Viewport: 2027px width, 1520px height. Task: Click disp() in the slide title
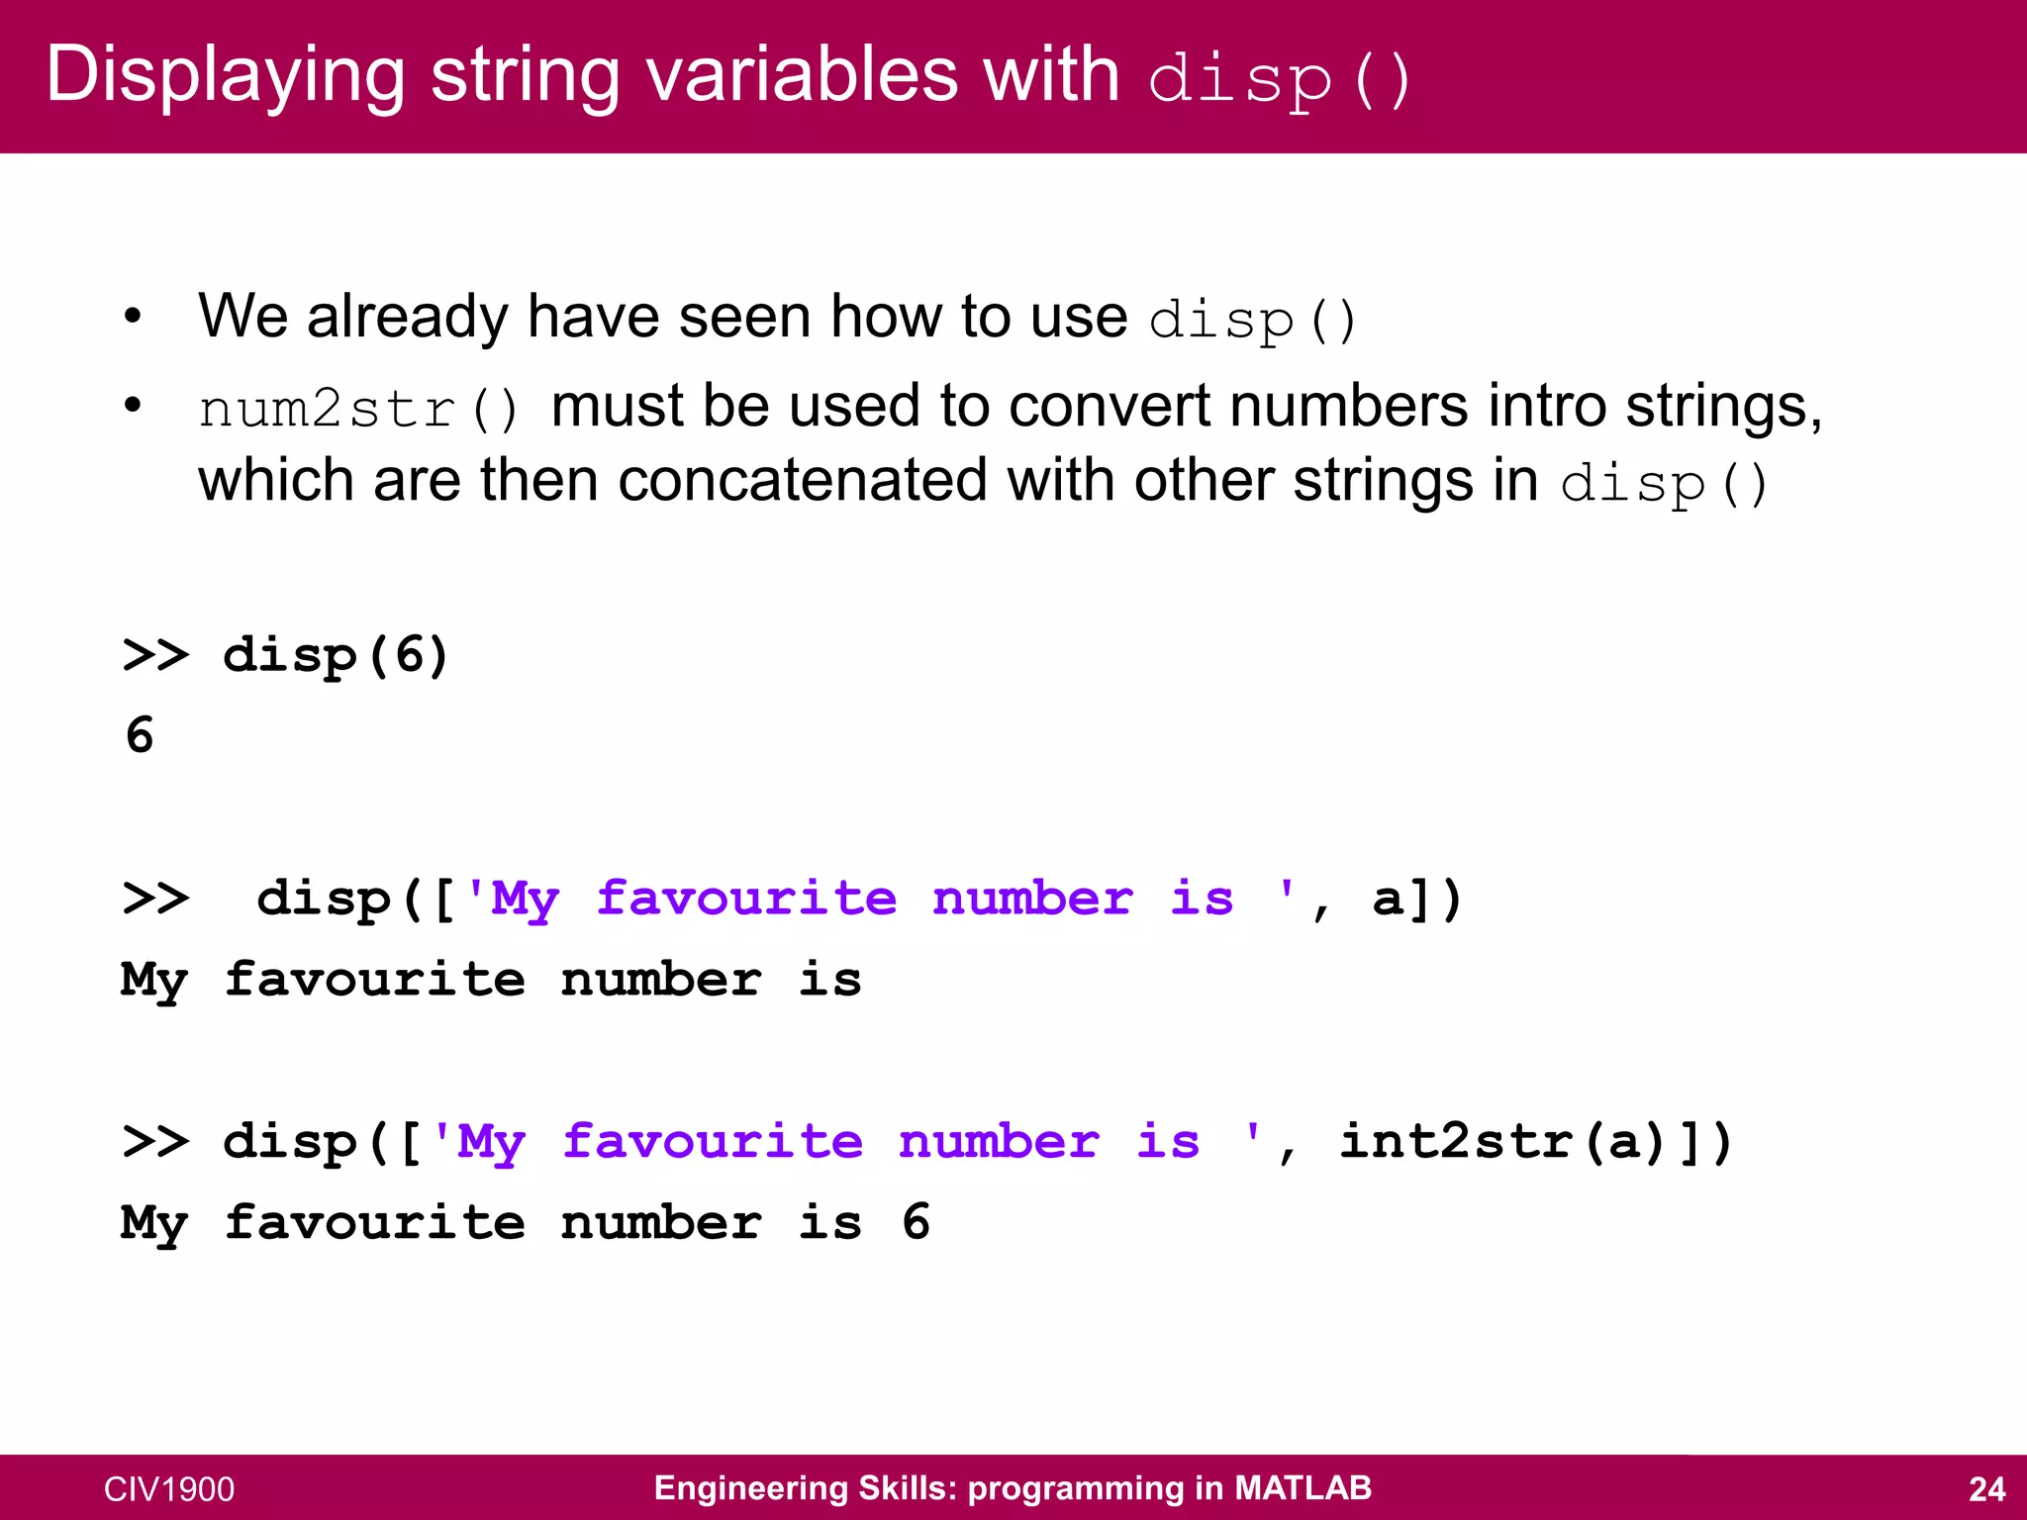(1279, 79)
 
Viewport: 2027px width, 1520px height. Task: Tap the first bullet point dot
(133, 318)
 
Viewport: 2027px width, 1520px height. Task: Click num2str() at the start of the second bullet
(358, 409)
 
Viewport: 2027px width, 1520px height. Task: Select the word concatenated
(803, 482)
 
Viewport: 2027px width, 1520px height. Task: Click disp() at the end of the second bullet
(1663, 484)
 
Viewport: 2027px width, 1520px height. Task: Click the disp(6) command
(336, 656)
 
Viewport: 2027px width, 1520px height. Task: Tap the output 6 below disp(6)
(140, 735)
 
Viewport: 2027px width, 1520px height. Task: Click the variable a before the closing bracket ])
(1388, 899)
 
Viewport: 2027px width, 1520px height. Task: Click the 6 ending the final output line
(916, 1222)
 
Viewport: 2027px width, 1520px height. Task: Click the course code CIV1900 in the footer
(169, 1489)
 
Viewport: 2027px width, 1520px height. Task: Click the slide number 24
(1986, 1489)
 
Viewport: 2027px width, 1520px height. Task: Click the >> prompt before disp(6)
(155, 656)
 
